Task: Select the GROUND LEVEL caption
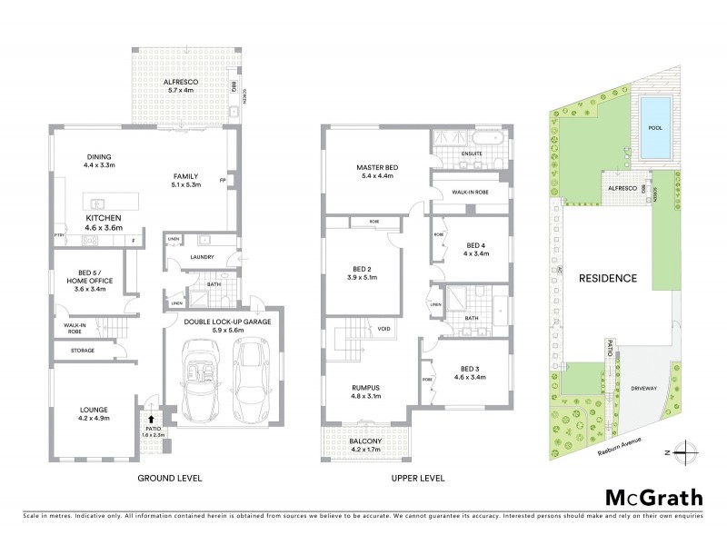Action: [170, 478]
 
